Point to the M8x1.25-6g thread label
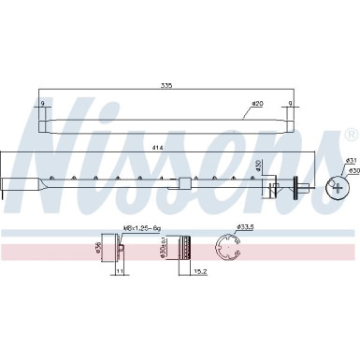pos(141,226)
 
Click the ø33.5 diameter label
pos(246,226)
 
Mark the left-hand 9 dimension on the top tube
pos(41,104)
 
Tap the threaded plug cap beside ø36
pos(117,249)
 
